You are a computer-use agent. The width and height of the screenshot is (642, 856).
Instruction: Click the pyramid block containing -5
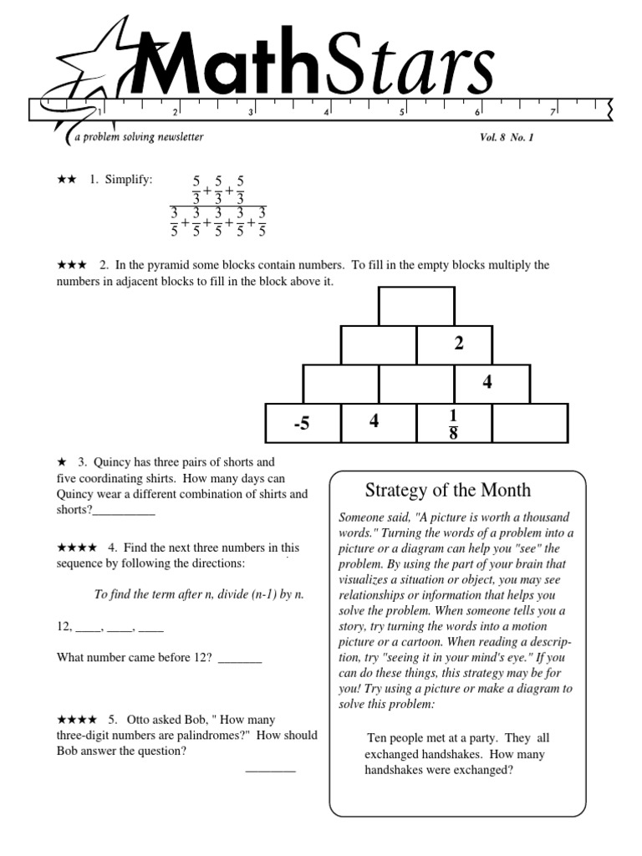pos(302,423)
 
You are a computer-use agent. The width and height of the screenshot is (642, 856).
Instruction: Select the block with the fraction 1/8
pos(453,423)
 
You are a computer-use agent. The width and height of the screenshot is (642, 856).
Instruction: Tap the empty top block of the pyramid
pos(416,306)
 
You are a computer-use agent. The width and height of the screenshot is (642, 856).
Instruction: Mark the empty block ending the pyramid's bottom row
pos(529,423)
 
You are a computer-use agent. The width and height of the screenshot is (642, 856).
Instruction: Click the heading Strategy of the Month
pos(448,491)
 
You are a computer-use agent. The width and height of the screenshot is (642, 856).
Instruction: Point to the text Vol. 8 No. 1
pos(500,137)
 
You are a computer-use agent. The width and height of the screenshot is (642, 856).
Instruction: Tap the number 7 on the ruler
pos(553,112)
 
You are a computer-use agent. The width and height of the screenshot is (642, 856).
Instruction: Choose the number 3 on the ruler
pos(250,112)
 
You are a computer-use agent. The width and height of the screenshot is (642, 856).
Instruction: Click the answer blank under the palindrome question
pos(270,770)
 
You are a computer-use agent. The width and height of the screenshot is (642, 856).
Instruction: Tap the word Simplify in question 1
pos(129,181)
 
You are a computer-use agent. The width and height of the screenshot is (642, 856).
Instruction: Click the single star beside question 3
pos(61,462)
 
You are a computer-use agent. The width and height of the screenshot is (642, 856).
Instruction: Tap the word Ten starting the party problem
pos(377,738)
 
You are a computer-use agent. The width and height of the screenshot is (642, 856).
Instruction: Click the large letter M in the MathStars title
pos(168,66)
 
